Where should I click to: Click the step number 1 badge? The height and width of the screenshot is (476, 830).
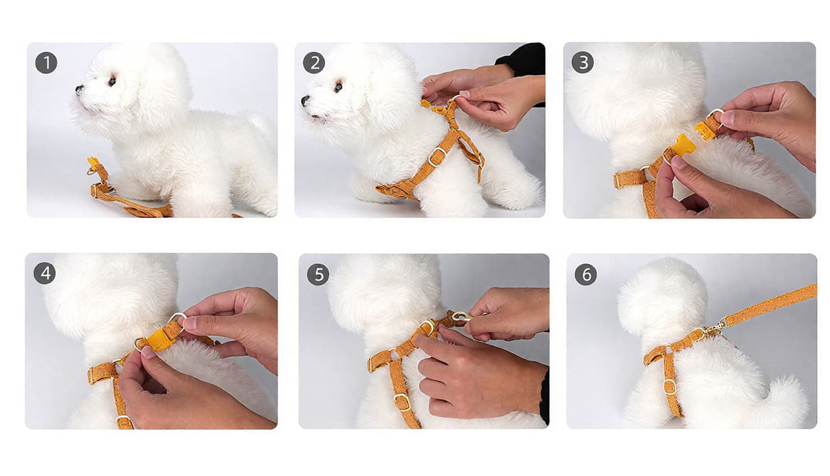coord(46,63)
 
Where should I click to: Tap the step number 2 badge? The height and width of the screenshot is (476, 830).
coord(314,63)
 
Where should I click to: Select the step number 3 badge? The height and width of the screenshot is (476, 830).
coord(583,63)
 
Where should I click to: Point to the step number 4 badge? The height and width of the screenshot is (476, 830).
coord(45,273)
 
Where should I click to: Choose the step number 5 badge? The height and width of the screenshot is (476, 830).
coord(318,275)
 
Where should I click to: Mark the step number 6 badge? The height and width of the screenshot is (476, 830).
coord(586,275)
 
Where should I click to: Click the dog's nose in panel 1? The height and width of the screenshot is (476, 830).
coord(79,90)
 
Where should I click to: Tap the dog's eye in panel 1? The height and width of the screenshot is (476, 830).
coord(112,81)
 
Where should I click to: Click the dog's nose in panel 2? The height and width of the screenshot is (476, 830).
coord(306,100)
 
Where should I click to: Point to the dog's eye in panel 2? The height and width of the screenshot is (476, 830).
coord(338,87)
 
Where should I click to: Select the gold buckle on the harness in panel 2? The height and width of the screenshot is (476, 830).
coord(437,157)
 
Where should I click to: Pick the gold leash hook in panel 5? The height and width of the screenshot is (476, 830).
coord(461,317)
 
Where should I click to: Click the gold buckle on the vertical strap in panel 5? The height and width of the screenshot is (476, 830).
coord(403,402)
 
